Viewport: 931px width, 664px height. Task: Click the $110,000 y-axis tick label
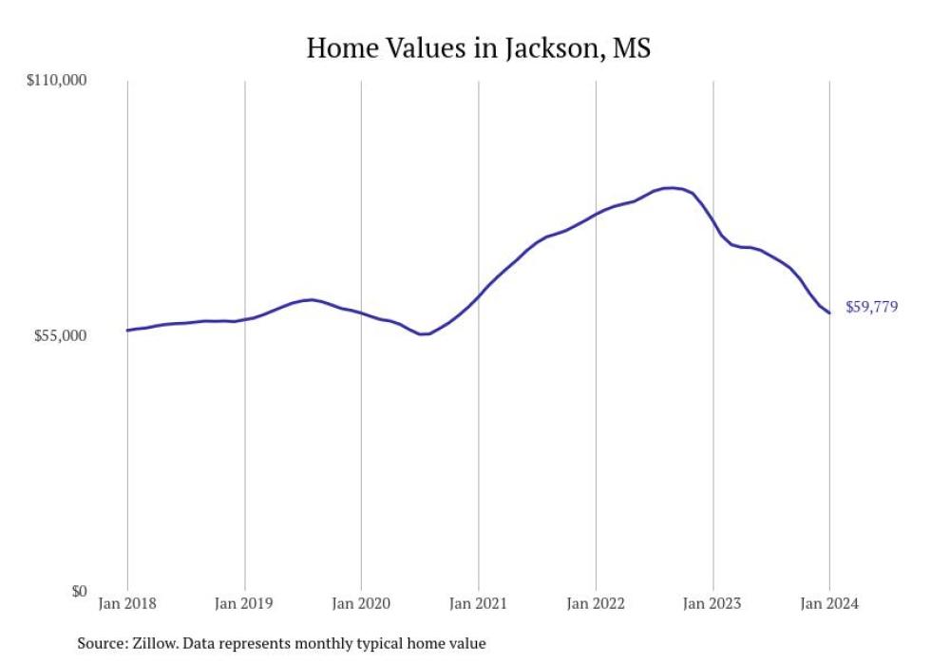click(x=55, y=81)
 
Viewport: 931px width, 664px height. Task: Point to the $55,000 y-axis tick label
click(x=59, y=336)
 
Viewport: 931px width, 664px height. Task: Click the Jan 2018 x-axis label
click(x=127, y=605)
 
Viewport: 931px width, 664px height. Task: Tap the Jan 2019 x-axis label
click(x=244, y=605)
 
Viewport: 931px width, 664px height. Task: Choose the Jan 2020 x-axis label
click(x=361, y=605)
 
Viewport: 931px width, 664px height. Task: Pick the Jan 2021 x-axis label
click(x=478, y=605)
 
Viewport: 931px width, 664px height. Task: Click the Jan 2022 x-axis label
click(x=596, y=605)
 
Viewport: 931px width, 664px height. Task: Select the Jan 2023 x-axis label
click(x=712, y=605)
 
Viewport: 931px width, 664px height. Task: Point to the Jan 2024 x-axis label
click(x=829, y=605)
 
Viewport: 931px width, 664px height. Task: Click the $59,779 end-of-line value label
click(x=871, y=307)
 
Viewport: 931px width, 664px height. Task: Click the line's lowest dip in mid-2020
click(x=424, y=334)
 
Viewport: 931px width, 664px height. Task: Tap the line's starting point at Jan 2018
click(x=127, y=331)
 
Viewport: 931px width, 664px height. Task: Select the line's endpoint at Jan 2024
click(x=829, y=313)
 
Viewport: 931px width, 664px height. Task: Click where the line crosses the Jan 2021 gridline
click(x=478, y=296)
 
